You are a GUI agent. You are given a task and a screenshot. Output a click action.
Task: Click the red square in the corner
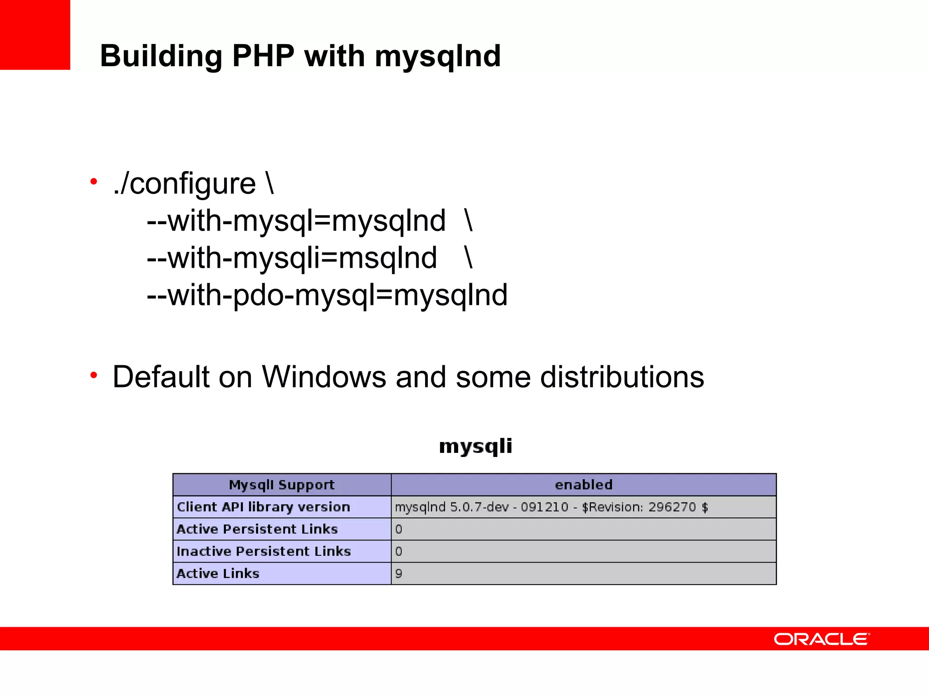[x=35, y=34]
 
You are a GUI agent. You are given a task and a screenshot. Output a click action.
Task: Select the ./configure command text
[x=193, y=184]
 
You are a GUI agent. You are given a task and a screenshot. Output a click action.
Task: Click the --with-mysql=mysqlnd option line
[x=296, y=221]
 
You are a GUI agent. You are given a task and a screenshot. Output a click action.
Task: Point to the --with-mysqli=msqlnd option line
[x=292, y=258]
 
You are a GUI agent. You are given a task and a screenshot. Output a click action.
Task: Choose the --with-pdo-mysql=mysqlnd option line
[x=327, y=295]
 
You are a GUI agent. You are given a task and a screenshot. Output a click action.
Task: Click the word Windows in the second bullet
[x=324, y=377]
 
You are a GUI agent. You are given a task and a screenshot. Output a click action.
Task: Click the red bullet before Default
[x=94, y=375]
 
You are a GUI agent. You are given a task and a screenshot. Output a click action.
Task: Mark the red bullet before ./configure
[x=94, y=182]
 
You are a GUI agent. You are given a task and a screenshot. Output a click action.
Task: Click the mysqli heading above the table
[x=475, y=446]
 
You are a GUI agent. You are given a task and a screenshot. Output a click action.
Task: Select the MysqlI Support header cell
[x=282, y=485]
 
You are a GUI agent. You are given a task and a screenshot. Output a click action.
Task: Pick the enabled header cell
[x=583, y=485]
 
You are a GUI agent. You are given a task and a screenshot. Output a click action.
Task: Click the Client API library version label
[x=264, y=507]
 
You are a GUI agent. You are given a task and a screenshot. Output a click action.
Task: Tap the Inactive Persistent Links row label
[x=264, y=551]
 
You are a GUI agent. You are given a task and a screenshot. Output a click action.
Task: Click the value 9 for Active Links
[x=399, y=574]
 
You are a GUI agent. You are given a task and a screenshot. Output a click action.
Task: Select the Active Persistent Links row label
[x=257, y=529]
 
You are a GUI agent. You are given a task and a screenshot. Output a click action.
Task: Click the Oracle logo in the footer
[x=821, y=639]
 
